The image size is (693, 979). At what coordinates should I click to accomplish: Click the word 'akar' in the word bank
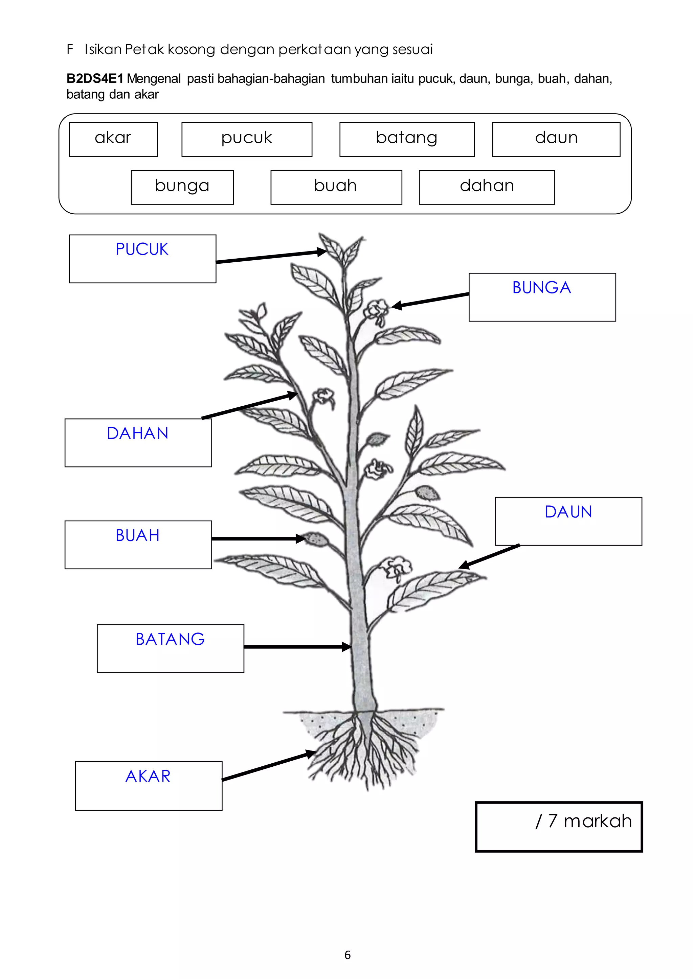113,138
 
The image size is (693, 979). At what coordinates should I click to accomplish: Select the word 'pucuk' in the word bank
247,138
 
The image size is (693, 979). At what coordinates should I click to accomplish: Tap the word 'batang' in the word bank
407,138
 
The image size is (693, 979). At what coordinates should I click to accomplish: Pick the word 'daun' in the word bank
556,138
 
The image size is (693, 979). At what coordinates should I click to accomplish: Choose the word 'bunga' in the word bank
182,186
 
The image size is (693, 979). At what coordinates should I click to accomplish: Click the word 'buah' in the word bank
335,186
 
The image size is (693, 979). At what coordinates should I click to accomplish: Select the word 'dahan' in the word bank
487,186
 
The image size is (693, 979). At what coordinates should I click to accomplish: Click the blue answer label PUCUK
142,249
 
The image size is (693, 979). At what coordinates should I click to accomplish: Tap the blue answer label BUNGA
541,287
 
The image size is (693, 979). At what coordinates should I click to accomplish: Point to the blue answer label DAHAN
137,433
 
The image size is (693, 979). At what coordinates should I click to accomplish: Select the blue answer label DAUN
568,512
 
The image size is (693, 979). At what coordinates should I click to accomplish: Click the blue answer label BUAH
137,535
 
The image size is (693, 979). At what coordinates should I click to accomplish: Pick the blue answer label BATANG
170,639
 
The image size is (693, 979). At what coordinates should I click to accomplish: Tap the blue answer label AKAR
148,776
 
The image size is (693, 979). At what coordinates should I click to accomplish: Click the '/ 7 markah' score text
583,821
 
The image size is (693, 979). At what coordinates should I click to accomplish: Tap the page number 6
348,955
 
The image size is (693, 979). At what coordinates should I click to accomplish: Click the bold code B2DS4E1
95,79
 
